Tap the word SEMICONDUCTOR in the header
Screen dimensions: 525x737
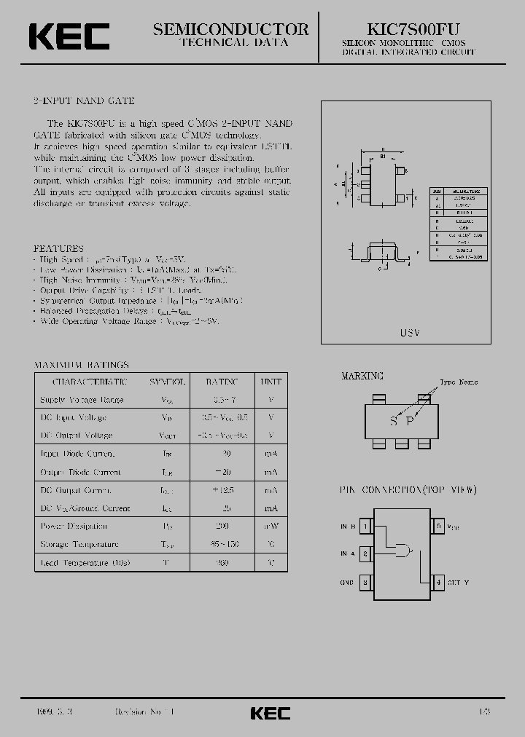coord(230,29)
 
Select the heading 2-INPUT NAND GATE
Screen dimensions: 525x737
coord(85,101)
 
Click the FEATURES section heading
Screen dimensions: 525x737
coord(59,248)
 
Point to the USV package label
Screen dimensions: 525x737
coord(410,331)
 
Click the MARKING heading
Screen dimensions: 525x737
coord(362,376)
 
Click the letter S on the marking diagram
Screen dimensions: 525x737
coord(394,421)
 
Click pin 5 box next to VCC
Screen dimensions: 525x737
coord(438,526)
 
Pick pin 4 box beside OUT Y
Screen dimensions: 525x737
coord(438,583)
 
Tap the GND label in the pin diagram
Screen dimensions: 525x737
coord(347,583)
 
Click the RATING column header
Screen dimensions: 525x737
coord(222,382)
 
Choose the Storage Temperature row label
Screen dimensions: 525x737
coord(79,545)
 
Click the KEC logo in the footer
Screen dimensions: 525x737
coord(270,713)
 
